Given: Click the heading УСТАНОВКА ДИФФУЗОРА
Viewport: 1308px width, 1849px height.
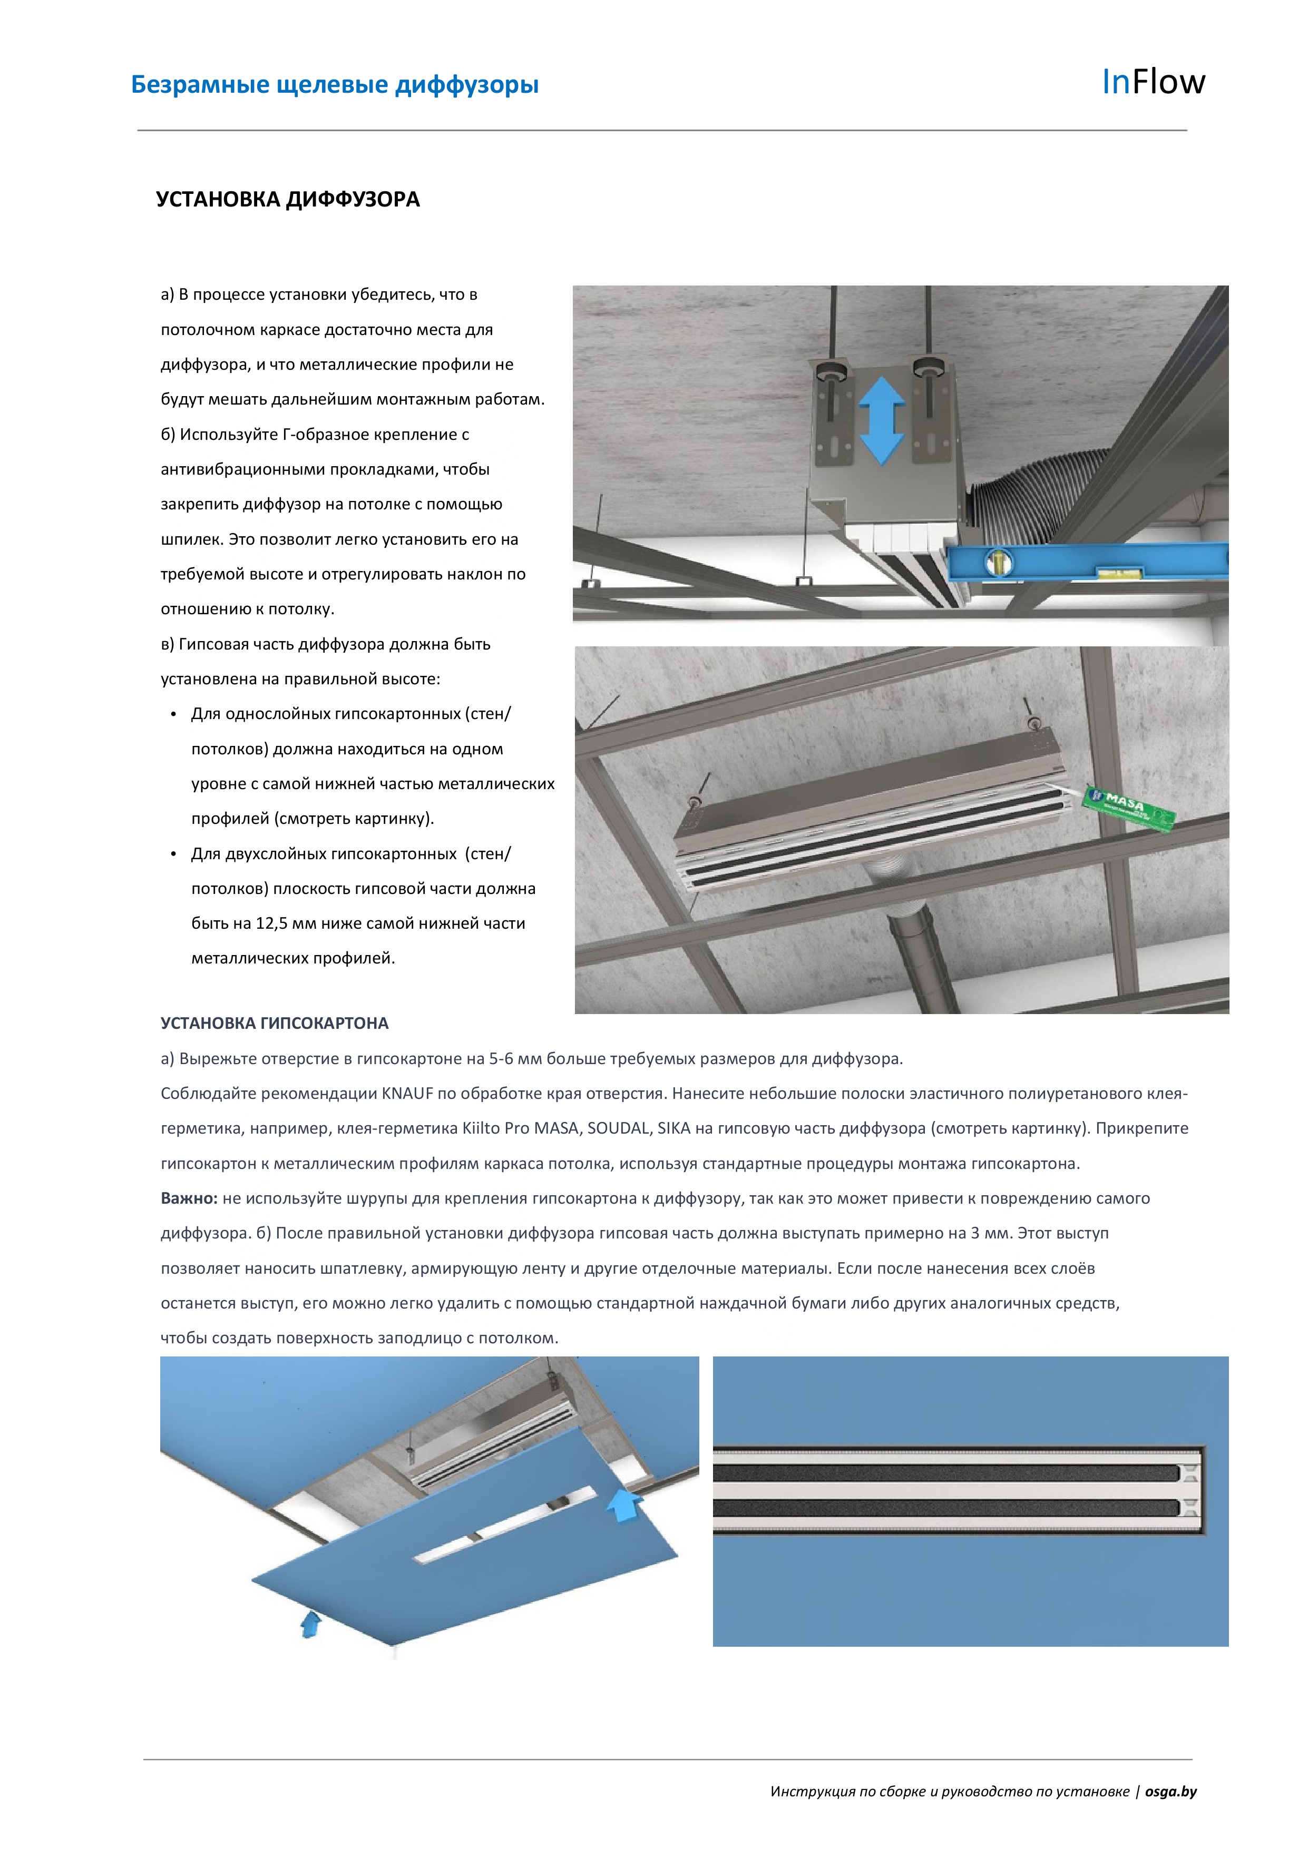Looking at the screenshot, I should click(x=288, y=200).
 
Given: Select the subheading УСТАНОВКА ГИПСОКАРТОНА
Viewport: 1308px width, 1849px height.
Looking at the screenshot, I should click(x=275, y=1024).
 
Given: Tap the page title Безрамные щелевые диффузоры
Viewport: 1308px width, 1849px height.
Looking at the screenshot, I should click(x=335, y=85).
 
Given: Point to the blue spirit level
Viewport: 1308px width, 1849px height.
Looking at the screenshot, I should click(x=1087, y=562).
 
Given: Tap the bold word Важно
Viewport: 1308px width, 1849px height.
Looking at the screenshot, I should click(x=189, y=1198).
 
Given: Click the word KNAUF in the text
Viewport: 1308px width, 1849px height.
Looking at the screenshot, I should click(x=407, y=1094).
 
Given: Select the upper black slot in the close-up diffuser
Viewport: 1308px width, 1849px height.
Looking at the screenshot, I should click(x=942, y=1473).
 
